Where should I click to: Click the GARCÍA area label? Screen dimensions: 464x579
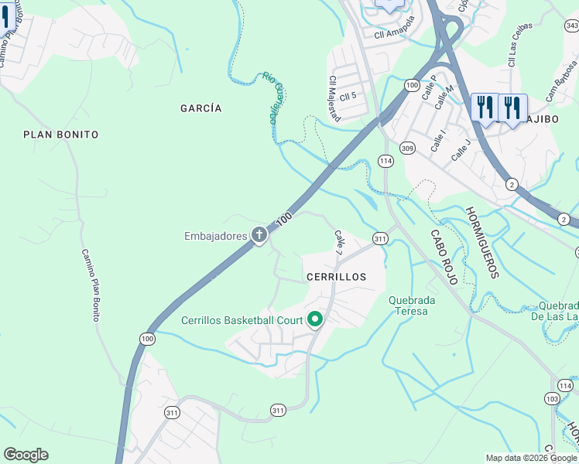(x=200, y=108)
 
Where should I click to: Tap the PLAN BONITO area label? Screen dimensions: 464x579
(x=61, y=135)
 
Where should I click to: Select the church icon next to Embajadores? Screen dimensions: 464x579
(x=259, y=235)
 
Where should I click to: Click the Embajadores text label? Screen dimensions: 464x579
(x=214, y=236)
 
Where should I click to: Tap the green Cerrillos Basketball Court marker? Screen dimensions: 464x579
(x=315, y=319)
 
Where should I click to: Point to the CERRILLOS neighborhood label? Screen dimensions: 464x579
(x=335, y=276)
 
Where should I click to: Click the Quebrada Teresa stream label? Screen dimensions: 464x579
(x=412, y=306)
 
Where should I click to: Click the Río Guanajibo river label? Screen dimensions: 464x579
(x=270, y=97)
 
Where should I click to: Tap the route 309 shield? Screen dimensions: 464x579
(x=407, y=148)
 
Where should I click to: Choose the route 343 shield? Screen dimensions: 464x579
(x=572, y=26)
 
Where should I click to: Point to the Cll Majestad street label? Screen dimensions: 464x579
(x=334, y=97)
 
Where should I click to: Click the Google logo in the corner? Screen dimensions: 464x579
(x=26, y=455)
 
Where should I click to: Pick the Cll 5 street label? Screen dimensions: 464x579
(x=348, y=96)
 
